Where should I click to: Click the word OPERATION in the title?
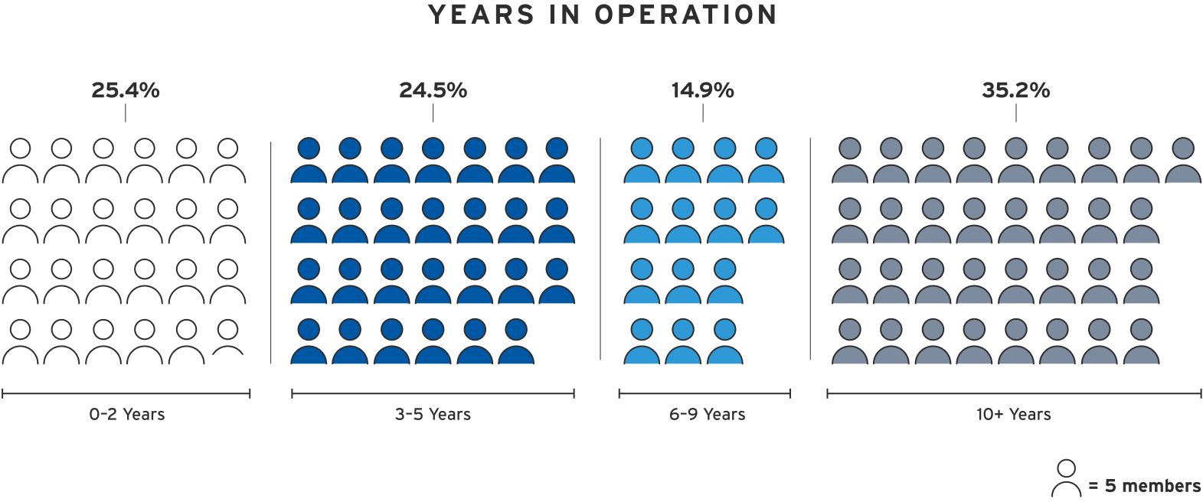(x=685, y=15)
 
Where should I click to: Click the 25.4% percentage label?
(x=126, y=90)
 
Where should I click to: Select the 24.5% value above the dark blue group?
(x=433, y=90)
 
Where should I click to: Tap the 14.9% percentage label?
(x=702, y=90)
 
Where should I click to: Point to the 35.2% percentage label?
(x=1015, y=90)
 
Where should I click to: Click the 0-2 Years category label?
(x=127, y=415)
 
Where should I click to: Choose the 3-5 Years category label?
(x=433, y=415)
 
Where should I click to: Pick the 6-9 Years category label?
(x=707, y=415)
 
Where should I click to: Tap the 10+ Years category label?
(x=1013, y=415)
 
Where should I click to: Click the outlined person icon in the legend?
(x=1066, y=479)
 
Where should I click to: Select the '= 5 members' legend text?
(x=1145, y=486)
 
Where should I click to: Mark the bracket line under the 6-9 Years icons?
(x=704, y=393)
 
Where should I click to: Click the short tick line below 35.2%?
(x=1016, y=112)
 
